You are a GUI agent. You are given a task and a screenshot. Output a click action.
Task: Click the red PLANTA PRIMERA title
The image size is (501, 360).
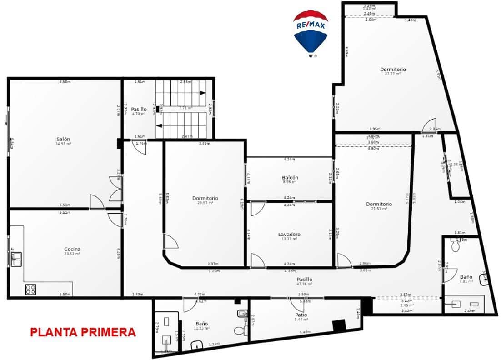coord(83,332)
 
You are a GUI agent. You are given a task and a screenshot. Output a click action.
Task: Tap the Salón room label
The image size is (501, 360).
coord(63,139)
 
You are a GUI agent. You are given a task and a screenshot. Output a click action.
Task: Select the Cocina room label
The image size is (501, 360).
coord(72,249)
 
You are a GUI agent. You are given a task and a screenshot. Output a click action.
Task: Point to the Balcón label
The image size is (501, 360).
coord(290,177)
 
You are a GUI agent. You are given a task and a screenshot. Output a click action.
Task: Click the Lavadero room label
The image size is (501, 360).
coord(289,235)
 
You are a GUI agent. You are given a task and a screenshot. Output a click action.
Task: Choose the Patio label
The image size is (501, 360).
coord(301,315)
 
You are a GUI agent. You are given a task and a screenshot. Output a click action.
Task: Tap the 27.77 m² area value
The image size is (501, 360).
coord(393,74)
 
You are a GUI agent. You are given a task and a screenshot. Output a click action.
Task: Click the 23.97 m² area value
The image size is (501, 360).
coord(205,203)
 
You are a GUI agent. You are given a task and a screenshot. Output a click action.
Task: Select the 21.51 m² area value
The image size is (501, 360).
coord(379,209)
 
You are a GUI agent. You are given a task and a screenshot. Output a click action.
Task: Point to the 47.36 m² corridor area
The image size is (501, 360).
coord(304,284)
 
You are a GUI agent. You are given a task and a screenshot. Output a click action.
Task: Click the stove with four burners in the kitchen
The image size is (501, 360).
coord(31,289)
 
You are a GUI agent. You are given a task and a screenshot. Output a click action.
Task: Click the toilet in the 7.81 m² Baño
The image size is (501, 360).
coord(455,246)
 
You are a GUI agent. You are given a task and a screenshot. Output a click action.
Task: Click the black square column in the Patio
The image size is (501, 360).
coord(338,325)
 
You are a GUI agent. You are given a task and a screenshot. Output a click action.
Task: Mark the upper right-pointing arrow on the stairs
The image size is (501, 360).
coord(203,93)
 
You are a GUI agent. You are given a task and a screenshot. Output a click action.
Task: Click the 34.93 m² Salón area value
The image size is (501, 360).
coord(63,144)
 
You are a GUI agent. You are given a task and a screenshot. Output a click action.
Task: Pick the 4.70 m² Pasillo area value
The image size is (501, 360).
coord(139,114)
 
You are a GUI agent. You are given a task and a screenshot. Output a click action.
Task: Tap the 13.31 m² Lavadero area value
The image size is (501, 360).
coord(289,239)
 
